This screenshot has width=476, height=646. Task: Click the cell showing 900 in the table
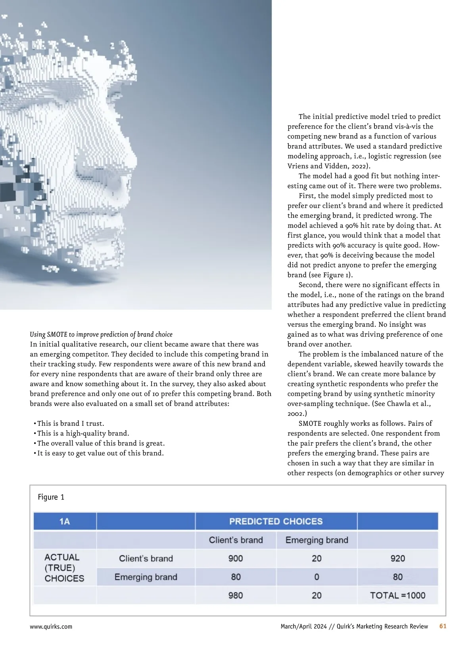(236, 558)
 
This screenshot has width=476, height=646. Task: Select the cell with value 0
(317, 577)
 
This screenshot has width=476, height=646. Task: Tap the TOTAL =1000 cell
(397, 595)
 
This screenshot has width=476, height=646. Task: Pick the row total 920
(397, 558)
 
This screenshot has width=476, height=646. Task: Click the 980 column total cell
(236, 595)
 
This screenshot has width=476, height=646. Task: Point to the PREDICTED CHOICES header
(276, 521)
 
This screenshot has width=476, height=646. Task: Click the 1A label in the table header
(65, 521)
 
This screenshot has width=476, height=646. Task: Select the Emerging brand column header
(317, 540)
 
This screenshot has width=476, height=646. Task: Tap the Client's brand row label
(146, 558)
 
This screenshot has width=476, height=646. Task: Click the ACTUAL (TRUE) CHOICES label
(64, 568)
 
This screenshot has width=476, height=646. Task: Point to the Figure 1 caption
(51, 497)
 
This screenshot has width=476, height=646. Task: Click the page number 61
(443, 626)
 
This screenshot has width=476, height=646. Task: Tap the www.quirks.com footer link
(51, 627)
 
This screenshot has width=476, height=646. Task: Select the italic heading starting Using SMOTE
(101, 334)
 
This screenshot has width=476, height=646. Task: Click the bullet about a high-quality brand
(83, 433)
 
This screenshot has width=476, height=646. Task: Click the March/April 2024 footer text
(303, 626)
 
